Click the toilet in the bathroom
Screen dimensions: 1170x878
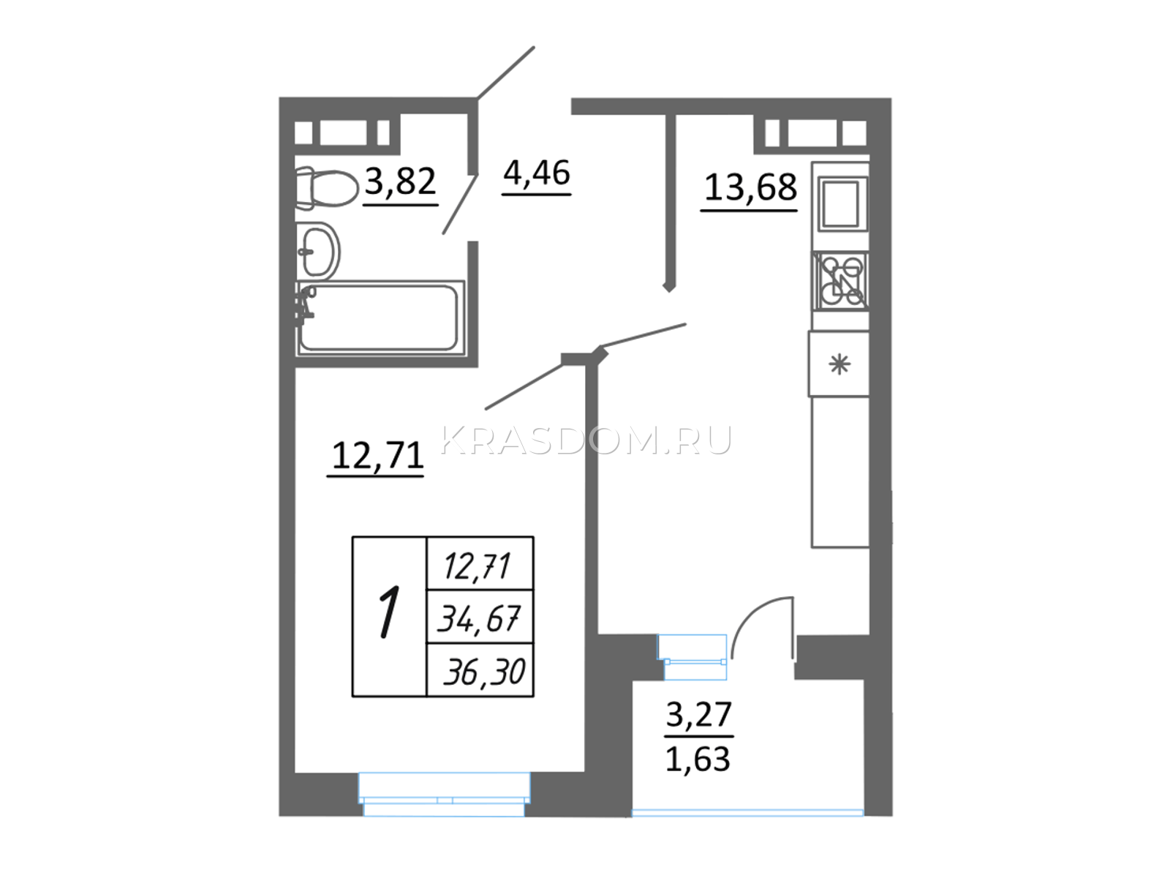[326, 187]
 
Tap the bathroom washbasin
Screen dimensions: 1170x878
[318, 251]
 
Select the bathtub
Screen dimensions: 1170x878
[380, 318]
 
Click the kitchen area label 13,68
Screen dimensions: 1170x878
[750, 187]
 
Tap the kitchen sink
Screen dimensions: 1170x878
[842, 205]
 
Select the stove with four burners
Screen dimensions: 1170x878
[841, 281]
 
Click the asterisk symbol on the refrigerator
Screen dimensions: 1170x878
[839, 364]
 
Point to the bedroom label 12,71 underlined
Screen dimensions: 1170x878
[377, 459]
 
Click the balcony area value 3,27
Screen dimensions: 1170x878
[699, 714]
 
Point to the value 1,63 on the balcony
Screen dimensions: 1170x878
[698, 759]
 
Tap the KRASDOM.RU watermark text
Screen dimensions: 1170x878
[586, 440]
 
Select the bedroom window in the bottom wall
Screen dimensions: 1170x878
[445, 795]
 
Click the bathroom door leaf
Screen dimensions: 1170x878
[460, 204]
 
